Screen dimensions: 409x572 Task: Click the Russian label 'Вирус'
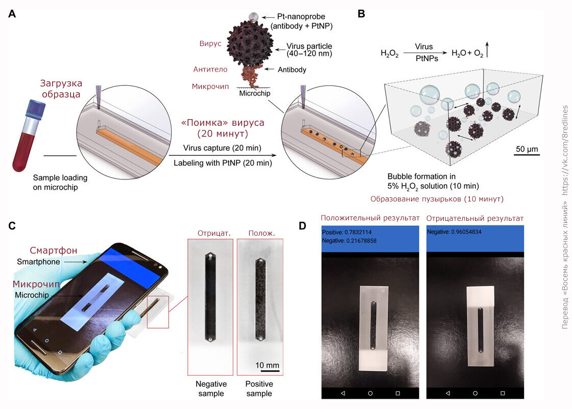[x=210, y=44]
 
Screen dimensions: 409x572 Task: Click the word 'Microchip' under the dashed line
[x=253, y=93]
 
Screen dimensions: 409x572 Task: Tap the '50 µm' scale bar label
[x=527, y=149]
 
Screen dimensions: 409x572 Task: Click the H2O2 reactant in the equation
[x=389, y=53]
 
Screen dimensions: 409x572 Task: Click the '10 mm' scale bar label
[x=267, y=365]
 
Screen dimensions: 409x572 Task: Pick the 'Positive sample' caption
[x=259, y=389]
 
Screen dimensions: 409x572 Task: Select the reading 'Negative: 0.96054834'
[x=454, y=232]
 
